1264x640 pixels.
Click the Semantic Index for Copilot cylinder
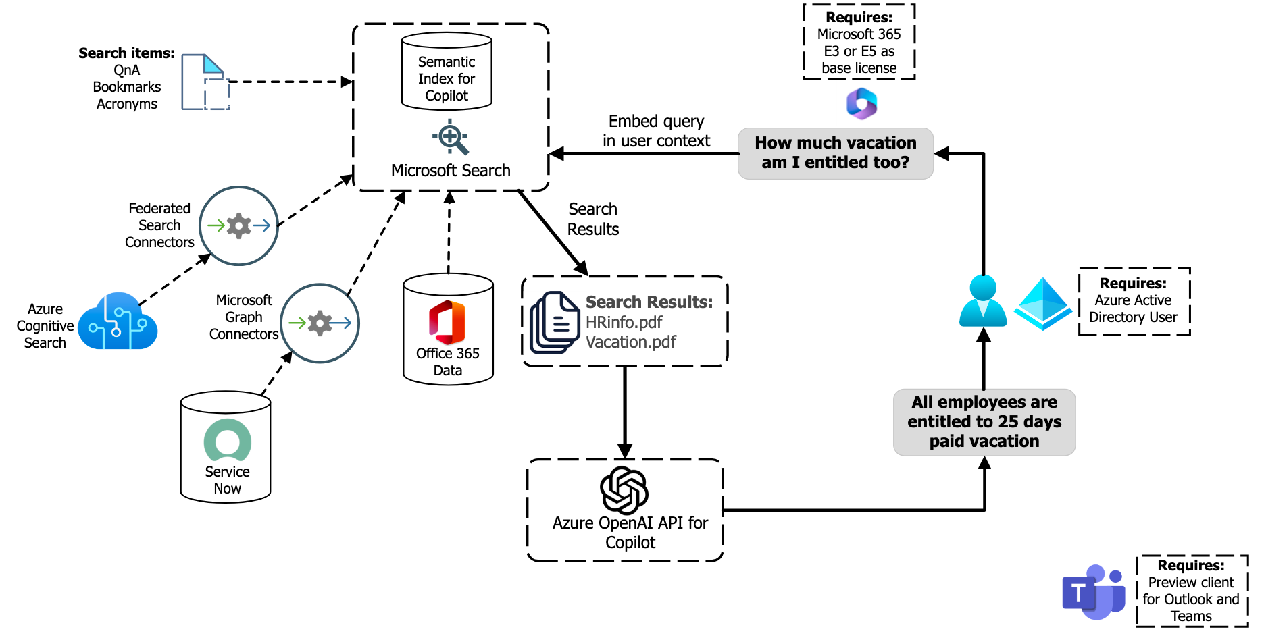[x=447, y=71]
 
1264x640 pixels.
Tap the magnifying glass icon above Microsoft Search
[x=451, y=137]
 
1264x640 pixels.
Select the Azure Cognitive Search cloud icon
[x=118, y=322]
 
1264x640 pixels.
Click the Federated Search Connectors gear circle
[x=238, y=225]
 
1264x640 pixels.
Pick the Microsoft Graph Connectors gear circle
[x=320, y=323]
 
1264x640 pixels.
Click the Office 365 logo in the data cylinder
[x=447, y=323]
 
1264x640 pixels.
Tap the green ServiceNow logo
[x=228, y=441]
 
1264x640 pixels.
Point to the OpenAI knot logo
[x=624, y=490]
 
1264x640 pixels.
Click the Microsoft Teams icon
[x=1093, y=592]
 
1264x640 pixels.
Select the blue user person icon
[x=983, y=302]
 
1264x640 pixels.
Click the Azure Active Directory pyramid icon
[x=1043, y=304]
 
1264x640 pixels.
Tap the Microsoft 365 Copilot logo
[x=861, y=103]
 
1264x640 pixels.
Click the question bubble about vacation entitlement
[x=835, y=153]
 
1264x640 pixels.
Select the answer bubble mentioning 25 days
[x=984, y=422]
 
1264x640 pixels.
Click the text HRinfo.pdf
[x=624, y=322]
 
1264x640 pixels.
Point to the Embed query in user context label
[x=656, y=131]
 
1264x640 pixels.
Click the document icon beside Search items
[x=204, y=82]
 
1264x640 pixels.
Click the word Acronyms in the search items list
[x=126, y=104]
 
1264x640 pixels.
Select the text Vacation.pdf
[x=630, y=342]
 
